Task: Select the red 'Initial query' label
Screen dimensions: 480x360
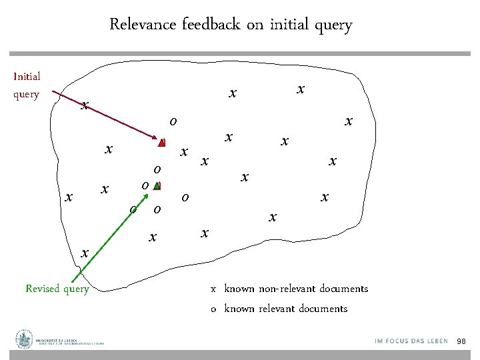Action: (x=27, y=85)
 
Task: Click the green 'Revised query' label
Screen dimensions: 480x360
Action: (x=57, y=289)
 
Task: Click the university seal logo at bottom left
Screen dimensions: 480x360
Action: (x=25, y=339)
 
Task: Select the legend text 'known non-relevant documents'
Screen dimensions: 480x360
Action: (x=296, y=289)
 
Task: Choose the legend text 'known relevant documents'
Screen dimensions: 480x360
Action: (x=285, y=309)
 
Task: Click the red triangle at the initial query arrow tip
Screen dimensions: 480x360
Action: (x=161, y=142)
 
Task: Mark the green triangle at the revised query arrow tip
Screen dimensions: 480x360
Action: (x=157, y=187)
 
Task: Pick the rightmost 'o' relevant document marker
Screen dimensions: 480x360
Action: (x=185, y=197)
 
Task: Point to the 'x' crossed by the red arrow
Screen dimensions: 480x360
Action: (x=84, y=105)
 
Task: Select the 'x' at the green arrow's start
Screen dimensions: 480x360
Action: (x=84, y=253)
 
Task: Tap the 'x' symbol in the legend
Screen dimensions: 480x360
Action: (x=213, y=289)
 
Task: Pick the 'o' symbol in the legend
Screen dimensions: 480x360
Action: (x=213, y=309)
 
